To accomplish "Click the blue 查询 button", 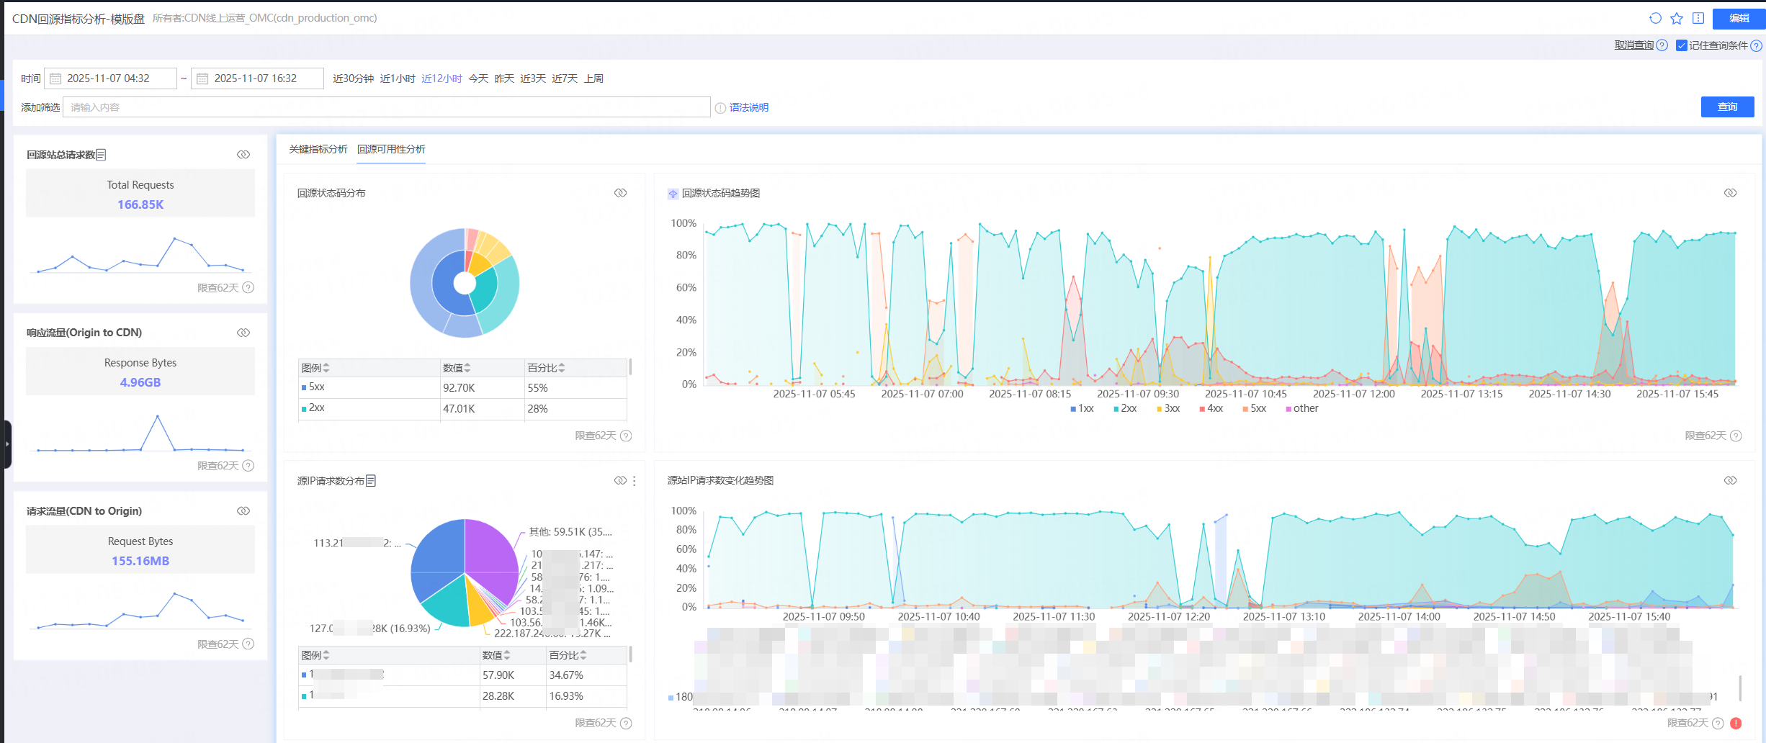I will pyautogui.click(x=1726, y=107).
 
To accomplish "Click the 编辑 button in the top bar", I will pyautogui.click(x=1738, y=18).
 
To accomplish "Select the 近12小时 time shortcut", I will pyautogui.click(x=441, y=78).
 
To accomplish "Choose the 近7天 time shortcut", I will pyautogui.click(x=565, y=78).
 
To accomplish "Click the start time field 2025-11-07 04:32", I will pyautogui.click(x=111, y=78).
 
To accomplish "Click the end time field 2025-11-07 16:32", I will pyautogui.click(x=258, y=78).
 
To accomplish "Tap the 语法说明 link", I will pyautogui.click(x=748, y=107).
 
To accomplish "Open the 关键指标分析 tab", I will pyautogui.click(x=318, y=149).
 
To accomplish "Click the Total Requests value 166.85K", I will pyautogui.click(x=140, y=204).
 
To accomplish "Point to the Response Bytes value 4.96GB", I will pyautogui.click(x=140, y=382).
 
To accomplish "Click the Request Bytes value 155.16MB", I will pyautogui.click(x=140, y=561).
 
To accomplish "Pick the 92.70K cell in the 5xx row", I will pyautogui.click(x=459, y=388).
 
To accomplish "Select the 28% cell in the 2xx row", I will pyautogui.click(x=537, y=409).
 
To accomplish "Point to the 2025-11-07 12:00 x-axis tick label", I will pyautogui.click(x=1353, y=394).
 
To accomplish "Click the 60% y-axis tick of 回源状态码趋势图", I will pyautogui.click(x=686, y=287).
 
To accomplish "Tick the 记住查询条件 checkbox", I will pyautogui.click(x=1681, y=45).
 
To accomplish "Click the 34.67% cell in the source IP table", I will pyautogui.click(x=566, y=675).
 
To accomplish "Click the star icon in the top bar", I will pyautogui.click(x=1677, y=18).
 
